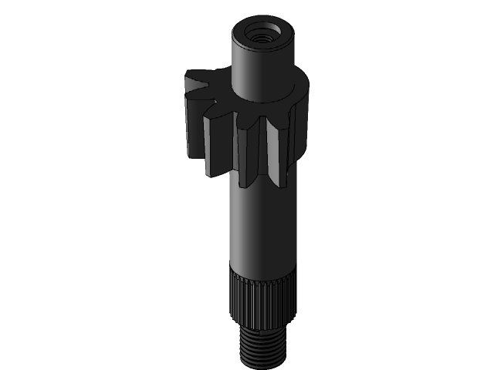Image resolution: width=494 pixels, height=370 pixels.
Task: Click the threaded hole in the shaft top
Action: click(263, 35)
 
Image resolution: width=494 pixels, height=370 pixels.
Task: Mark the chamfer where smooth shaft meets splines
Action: click(263, 270)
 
